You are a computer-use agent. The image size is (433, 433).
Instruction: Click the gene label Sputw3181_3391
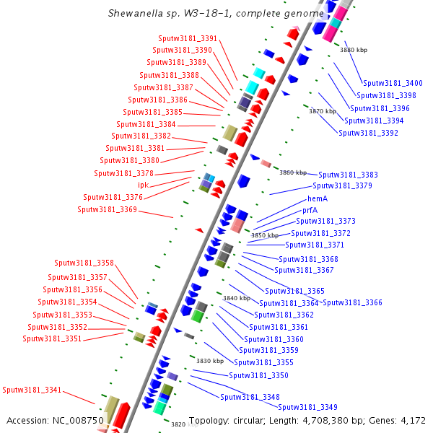(187, 38)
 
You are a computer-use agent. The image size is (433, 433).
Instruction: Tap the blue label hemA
(318, 198)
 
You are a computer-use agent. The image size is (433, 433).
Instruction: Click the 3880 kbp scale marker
(354, 50)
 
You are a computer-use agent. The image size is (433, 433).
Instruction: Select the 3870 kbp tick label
(323, 111)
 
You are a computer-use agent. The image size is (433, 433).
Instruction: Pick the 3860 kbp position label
(293, 172)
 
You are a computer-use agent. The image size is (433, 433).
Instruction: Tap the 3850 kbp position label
(264, 235)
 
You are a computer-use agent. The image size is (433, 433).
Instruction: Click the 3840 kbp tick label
(236, 297)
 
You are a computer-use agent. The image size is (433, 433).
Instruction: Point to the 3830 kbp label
(210, 361)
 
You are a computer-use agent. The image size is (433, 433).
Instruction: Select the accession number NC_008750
(79, 420)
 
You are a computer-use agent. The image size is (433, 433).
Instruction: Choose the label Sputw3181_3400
(393, 84)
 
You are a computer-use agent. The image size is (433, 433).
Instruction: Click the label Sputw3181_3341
(32, 390)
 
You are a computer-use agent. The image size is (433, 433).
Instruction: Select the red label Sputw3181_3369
(107, 209)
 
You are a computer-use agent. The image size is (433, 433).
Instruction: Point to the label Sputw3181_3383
(348, 175)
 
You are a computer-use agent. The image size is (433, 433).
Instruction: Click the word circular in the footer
(242, 420)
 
